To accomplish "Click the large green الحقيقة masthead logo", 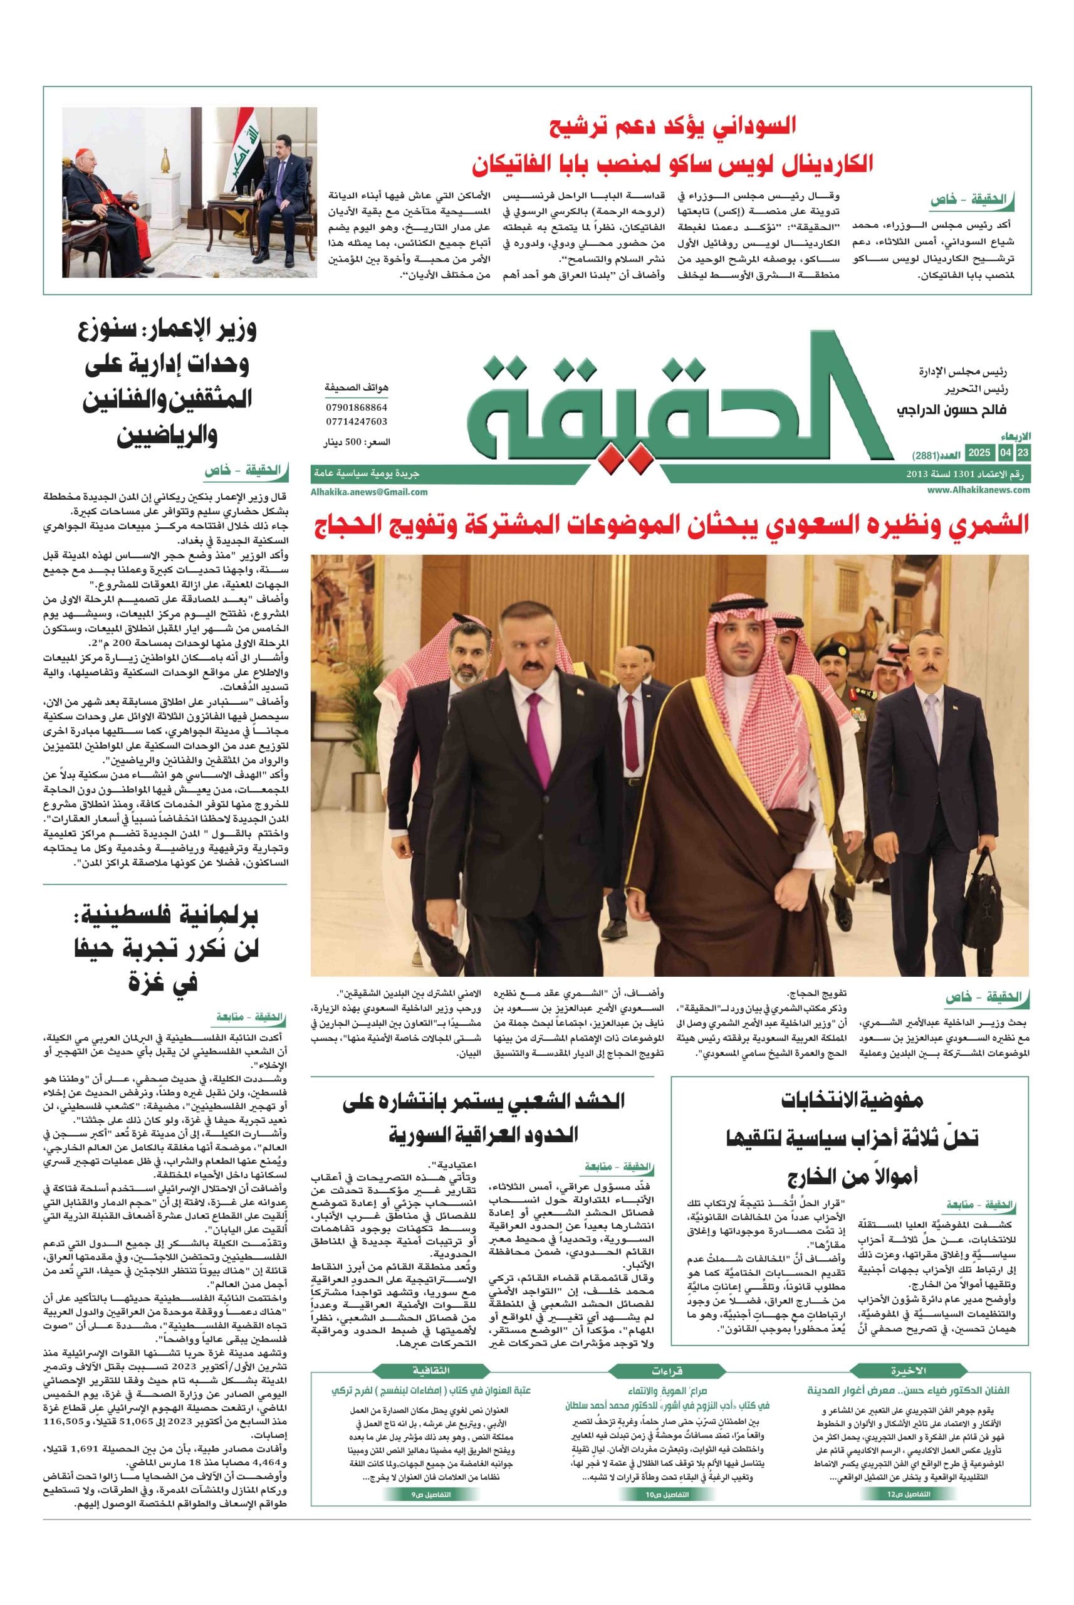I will click(678, 401).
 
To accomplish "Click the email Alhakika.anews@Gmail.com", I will click(369, 492).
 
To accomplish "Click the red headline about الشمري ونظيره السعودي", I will click(671, 526).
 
